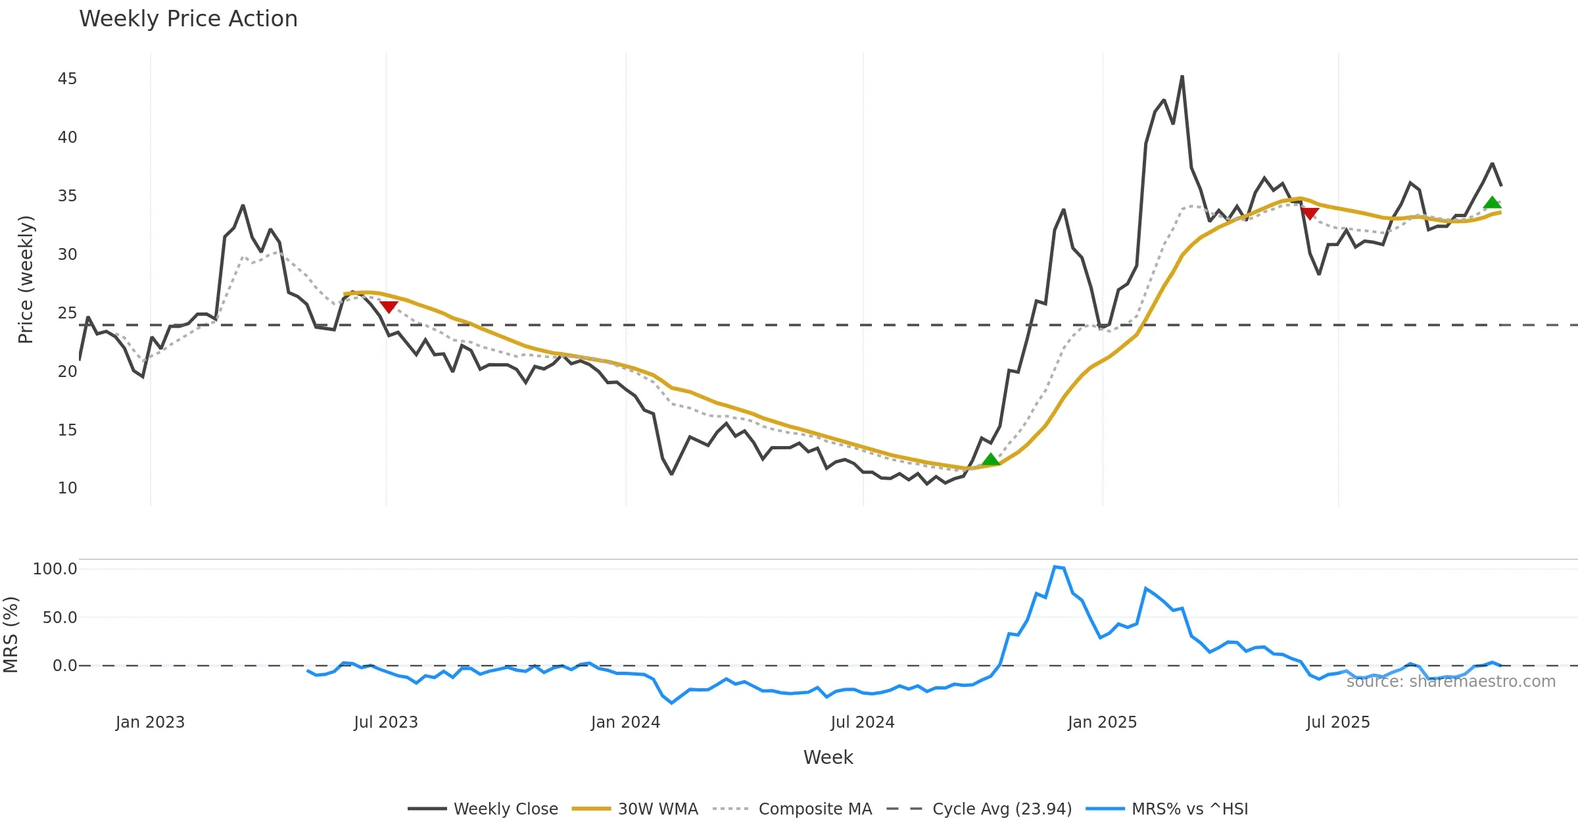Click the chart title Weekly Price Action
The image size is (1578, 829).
188,19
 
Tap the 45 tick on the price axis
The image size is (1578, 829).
67,79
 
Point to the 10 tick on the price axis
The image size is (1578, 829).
67,488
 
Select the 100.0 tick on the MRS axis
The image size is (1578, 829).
55,569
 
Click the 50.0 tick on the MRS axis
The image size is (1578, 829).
59,618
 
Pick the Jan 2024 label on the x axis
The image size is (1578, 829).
625,722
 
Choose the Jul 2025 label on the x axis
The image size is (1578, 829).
1337,722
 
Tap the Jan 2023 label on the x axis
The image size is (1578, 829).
150,722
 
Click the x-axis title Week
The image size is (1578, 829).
828,758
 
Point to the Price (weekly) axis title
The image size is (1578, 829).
25,280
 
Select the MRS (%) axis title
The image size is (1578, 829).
11,635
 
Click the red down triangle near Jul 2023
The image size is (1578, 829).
389,307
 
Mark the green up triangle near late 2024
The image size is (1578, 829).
991,459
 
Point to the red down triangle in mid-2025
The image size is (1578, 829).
1309,213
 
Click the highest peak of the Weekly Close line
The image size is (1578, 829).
1182,76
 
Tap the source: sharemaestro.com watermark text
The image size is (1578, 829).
1450,682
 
